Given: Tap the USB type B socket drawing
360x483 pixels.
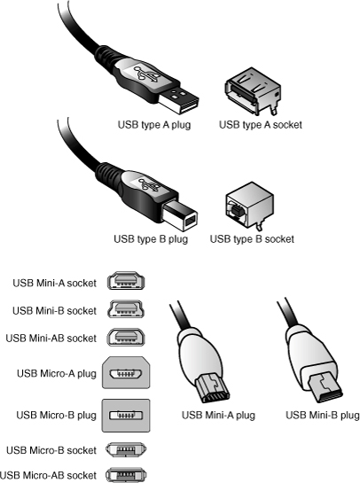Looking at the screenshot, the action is pyautogui.click(x=249, y=205).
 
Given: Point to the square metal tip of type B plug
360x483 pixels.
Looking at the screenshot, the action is pyautogui.click(x=180, y=215).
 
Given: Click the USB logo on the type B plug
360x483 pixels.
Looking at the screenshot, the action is pyautogui.click(x=150, y=185).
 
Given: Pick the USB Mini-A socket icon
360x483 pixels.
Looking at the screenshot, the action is pyautogui.click(x=126, y=281).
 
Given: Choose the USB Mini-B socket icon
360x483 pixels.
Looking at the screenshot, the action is pyautogui.click(x=126, y=309).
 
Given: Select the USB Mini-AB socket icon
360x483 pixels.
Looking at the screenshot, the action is pyautogui.click(x=126, y=337).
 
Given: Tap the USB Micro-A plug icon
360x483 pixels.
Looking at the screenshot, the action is pyautogui.click(x=126, y=373).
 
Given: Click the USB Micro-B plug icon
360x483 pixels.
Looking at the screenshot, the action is pyautogui.click(x=126, y=416).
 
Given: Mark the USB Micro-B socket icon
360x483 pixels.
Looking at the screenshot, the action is pyautogui.click(x=126, y=450).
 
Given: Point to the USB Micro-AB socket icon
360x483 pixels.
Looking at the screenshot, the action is pyautogui.click(x=126, y=474).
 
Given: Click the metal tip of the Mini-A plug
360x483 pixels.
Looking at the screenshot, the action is pyautogui.click(x=212, y=387).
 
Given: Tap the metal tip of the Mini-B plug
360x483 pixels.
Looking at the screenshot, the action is pyautogui.click(x=325, y=386).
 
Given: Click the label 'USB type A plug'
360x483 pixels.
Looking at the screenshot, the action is pyautogui.click(x=154, y=125).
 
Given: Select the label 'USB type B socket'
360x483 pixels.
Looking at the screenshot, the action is pyautogui.click(x=252, y=239).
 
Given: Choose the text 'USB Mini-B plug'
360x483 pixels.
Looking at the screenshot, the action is pyautogui.click(x=323, y=416).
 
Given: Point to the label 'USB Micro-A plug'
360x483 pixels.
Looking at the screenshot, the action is pyautogui.click(x=57, y=374).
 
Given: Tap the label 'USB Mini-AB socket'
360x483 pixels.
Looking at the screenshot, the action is pyautogui.click(x=51, y=339).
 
